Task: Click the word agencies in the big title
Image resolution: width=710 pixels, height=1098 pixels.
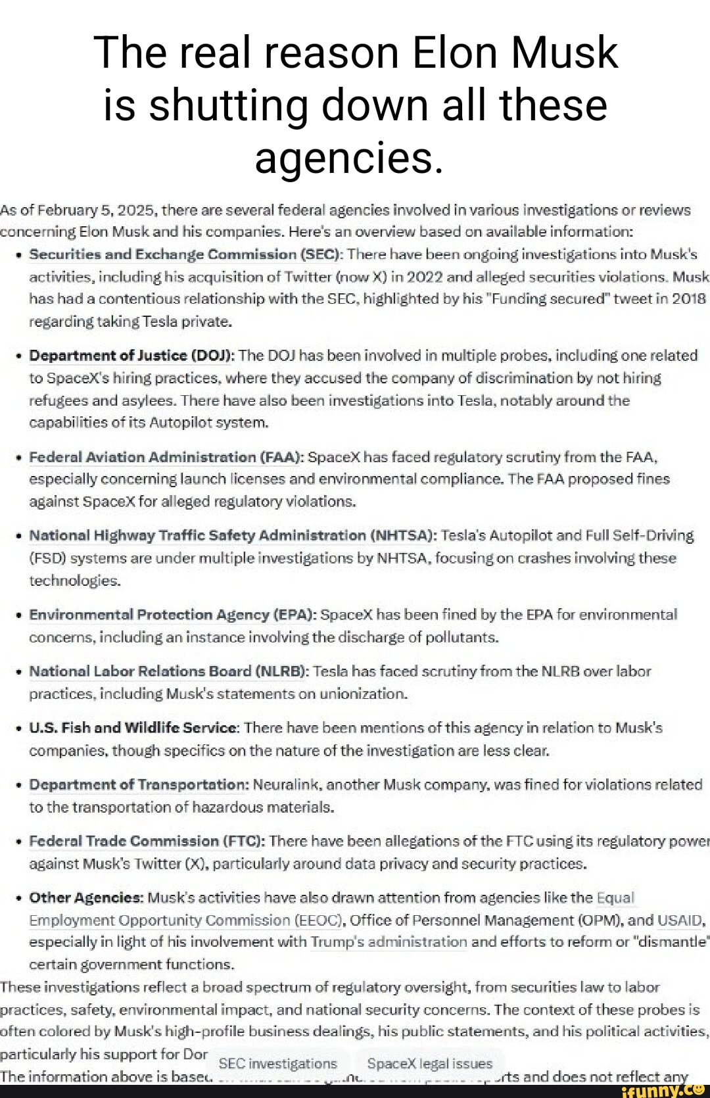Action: (348, 158)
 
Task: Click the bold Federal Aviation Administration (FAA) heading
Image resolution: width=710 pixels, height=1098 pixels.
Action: (166, 457)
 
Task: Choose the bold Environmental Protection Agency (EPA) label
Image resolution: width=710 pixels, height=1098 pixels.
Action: (173, 615)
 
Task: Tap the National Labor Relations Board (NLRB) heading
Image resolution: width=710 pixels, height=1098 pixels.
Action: (168, 671)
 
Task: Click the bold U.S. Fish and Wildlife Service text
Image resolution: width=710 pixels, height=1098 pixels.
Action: (134, 728)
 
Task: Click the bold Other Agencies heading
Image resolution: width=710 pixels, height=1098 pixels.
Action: (86, 897)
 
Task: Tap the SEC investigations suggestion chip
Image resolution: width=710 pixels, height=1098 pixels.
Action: (277, 1063)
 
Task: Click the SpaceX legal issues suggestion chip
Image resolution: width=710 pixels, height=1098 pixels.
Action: (429, 1063)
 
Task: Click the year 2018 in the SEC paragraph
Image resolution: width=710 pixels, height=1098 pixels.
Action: (688, 299)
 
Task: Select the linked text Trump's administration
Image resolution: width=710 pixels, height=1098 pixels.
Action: (389, 942)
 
